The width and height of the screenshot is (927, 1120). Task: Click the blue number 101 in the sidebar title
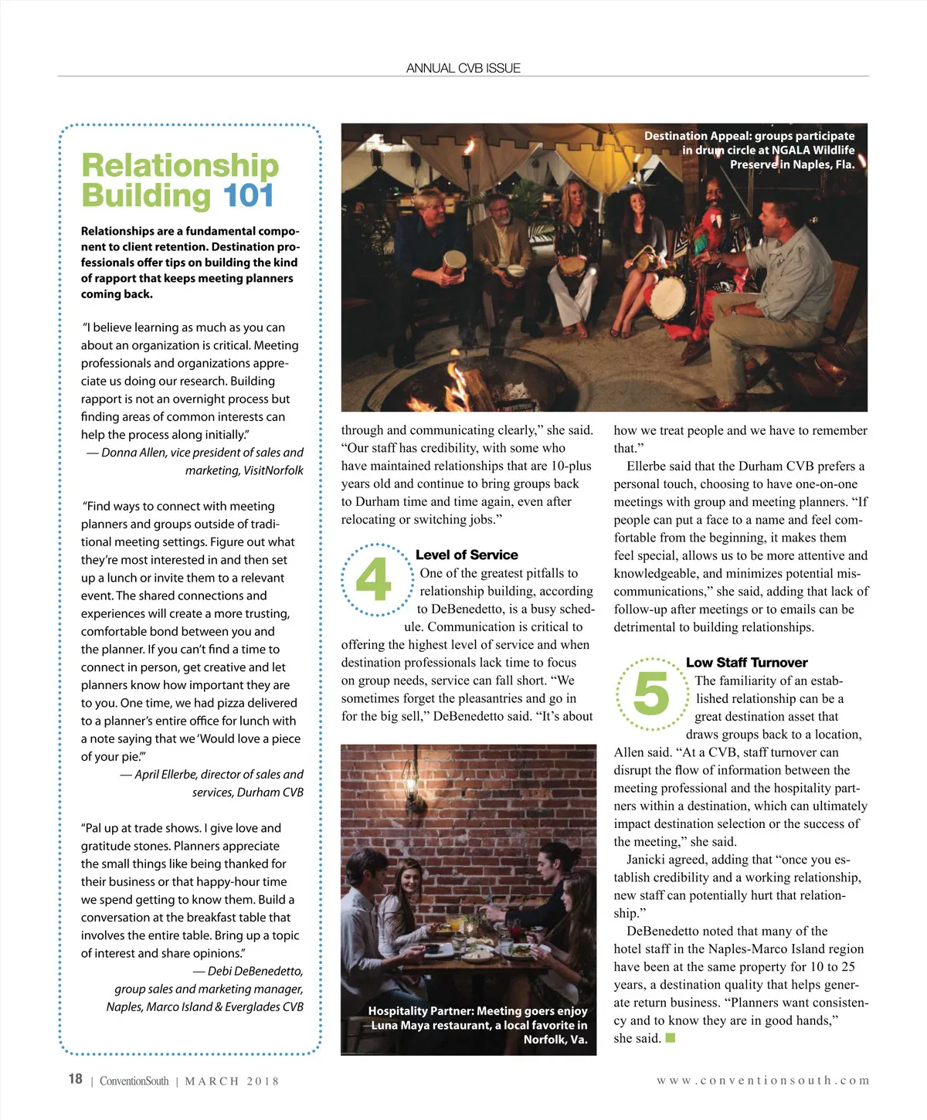[x=248, y=195]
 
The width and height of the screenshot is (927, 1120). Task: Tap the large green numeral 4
[x=373, y=580]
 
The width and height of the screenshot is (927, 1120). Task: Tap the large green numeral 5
[x=651, y=693]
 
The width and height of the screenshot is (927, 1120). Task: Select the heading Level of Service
[x=467, y=555]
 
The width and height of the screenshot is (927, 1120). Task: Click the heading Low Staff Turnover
[x=746, y=662]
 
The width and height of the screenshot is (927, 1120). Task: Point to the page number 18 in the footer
[x=75, y=1079]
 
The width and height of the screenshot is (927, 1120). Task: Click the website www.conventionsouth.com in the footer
[x=762, y=1081]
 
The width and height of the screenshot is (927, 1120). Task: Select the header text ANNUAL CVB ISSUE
[x=463, y=68]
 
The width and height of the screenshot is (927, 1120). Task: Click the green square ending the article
[x=671, y=1037]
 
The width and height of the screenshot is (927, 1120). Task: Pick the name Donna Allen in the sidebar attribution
[x=134, y=453]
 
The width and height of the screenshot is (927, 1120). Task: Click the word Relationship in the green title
[x=180, y=165]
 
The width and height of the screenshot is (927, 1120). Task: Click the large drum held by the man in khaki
[x=668, y=297]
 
